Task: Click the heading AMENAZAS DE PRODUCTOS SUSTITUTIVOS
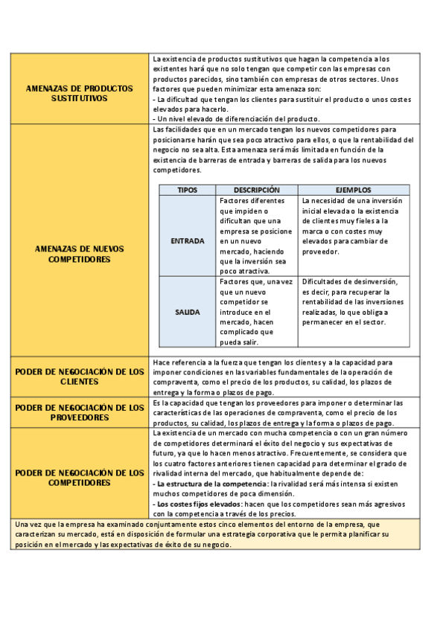click(80, 92)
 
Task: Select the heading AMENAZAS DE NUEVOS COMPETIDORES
click(80, 254)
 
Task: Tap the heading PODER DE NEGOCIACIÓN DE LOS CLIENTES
click(80, 376)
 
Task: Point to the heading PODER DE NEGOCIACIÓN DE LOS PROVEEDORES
click(80, 412)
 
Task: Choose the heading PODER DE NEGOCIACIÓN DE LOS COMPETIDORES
click(80, 477)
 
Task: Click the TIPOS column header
click(187, 190)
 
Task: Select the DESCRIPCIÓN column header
click(256, 190)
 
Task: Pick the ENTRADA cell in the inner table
click(187, 241)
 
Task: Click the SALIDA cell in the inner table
click(187, 312)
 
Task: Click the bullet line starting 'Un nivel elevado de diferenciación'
click(237, 118)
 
